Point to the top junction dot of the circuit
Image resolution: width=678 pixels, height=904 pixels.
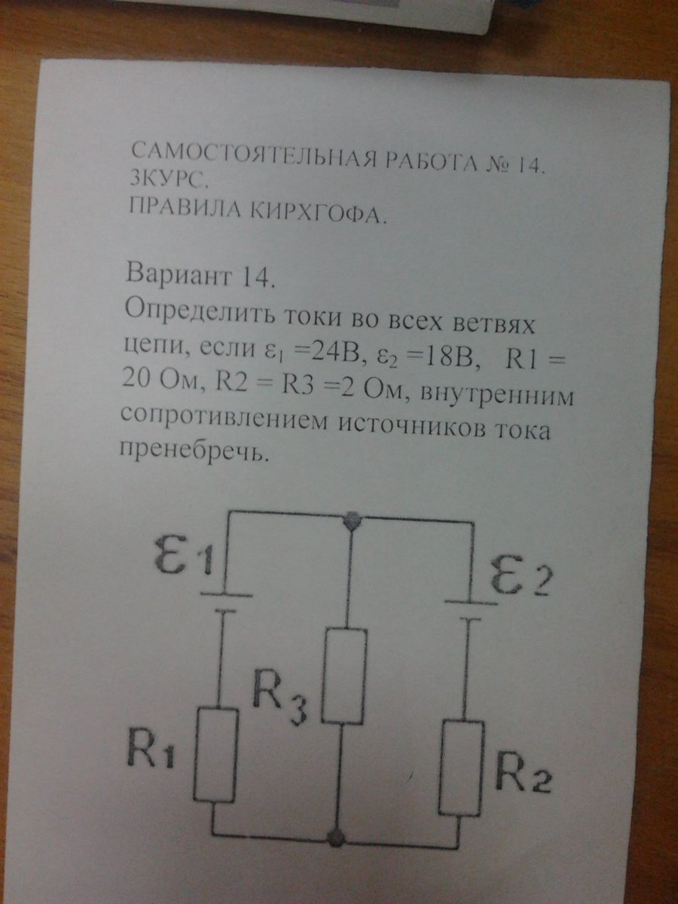tap(353, 521)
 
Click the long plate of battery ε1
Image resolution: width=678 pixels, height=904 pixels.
tap(226, 594)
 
